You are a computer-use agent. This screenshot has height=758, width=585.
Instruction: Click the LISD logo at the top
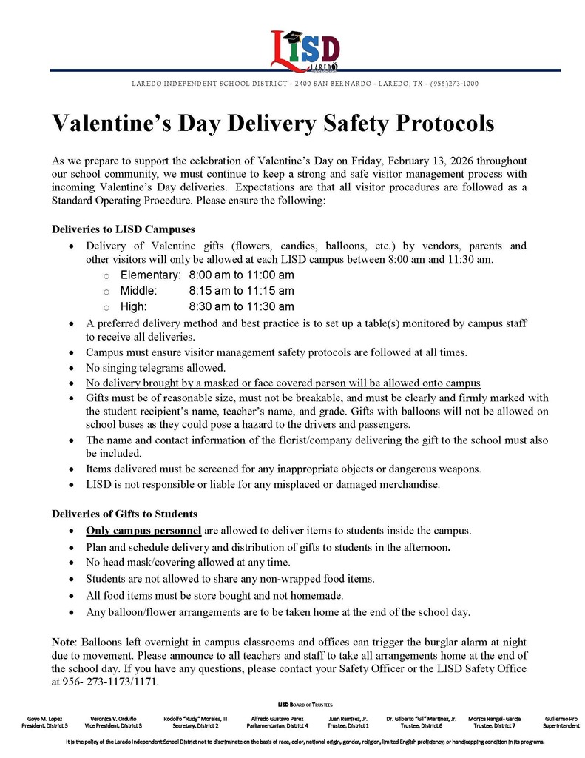(x=305, y=50)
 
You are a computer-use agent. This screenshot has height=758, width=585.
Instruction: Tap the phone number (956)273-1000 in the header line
(x=454, y=84)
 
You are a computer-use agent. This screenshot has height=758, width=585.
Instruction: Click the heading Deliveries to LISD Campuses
(x=122, y=229)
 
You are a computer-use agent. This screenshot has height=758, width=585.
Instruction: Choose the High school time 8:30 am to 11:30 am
(x=241, y=306)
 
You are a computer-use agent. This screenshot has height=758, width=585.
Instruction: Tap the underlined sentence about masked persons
(x=283, y=383)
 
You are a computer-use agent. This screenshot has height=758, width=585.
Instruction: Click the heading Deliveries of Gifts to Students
(x=124, y=514)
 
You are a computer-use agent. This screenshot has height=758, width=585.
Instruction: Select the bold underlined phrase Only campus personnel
(x=143, y=531)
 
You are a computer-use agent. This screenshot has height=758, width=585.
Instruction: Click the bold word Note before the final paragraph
(x=64, y=641)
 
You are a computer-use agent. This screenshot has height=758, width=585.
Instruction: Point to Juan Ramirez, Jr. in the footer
(x=348, y=718)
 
